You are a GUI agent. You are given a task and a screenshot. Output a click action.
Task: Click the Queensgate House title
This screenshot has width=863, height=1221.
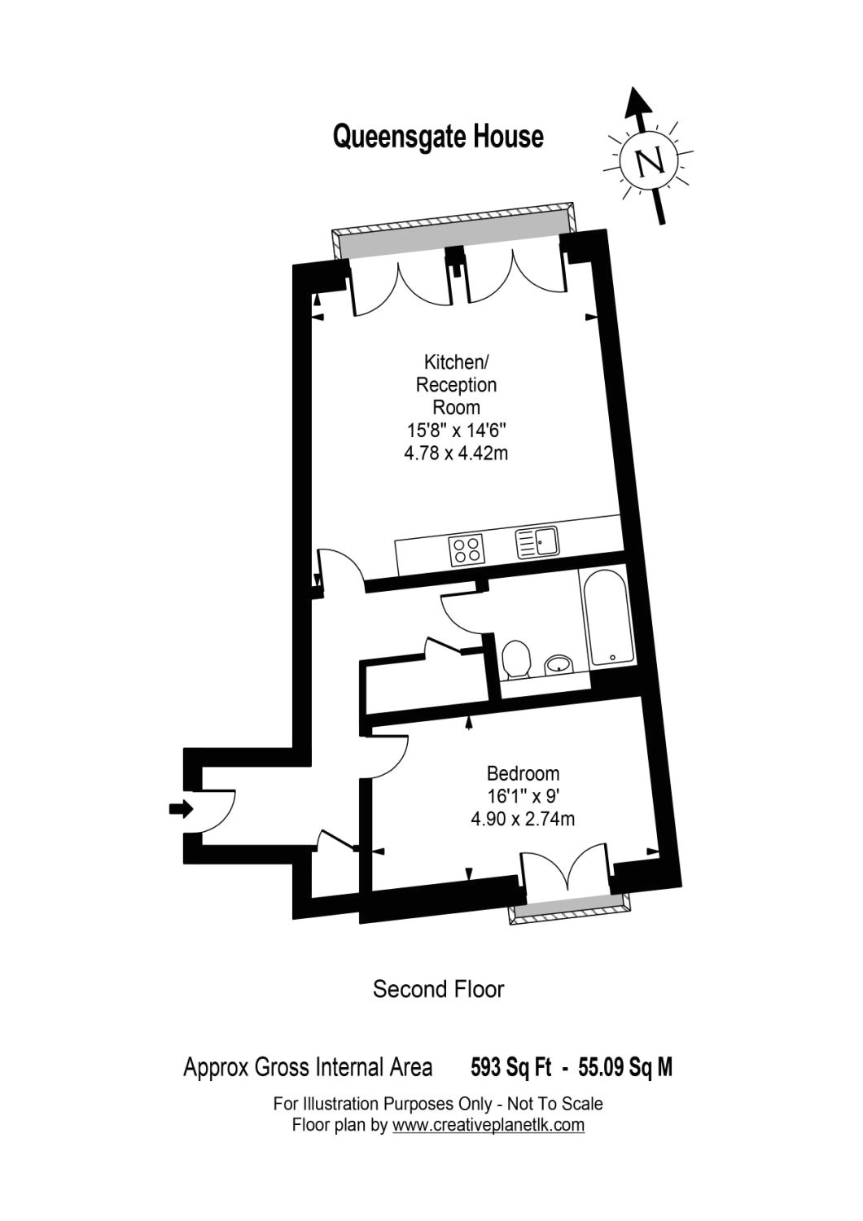click(x=438, y=136)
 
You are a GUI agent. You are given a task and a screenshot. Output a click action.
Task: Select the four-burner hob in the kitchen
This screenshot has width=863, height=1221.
click(x=467, y=551)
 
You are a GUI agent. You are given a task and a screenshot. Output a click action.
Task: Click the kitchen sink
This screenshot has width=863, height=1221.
click(x=537, y=542)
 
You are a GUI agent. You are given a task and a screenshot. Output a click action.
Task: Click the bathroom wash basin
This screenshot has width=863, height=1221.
click(x=558, y=664)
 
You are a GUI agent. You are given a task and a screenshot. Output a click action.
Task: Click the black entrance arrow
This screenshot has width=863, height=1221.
click(x=181, y=808)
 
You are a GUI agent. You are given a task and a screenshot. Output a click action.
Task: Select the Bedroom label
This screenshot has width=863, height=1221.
click(x=523, y=773)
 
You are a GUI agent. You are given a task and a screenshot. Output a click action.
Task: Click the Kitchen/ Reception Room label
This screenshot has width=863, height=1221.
click(x=456, y=383)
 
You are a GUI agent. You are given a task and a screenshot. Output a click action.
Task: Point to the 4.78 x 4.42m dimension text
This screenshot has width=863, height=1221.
click(x=456, y=453)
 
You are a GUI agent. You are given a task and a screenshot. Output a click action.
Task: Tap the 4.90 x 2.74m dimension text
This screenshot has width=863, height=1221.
click(x=523, y=819)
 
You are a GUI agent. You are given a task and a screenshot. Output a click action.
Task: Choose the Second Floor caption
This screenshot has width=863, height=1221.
click(x=438, y=989)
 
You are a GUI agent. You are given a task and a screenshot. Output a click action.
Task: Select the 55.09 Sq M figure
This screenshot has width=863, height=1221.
click(x=625, y=1067)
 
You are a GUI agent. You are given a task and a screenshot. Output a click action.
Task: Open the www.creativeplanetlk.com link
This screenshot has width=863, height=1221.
click(x=488, y=1125)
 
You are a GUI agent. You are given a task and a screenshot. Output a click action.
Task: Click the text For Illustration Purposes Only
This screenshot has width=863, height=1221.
click(x=383, y=1104)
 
